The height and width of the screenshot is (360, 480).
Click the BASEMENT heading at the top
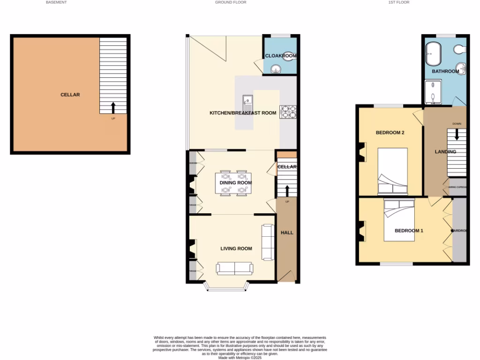click(x=56, y=2)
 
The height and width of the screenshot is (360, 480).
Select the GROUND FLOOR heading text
click(x=231, y=2)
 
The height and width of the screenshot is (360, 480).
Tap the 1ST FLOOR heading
click(x=399, y=2)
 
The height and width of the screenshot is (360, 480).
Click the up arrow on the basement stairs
click(x=113, y=107)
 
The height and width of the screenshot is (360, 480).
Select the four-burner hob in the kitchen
click(x=288, y=112)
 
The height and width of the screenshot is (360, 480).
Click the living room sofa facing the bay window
click(x=234, y=268)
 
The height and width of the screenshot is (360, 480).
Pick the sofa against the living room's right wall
click(x=268, y=242)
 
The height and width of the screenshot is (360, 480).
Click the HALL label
click(x=287, y=232)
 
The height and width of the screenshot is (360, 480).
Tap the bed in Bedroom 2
click(x=392, y=172)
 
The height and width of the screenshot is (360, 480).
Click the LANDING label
click(x=445, y=152)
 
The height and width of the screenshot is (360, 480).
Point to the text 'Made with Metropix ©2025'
click(x=240, y=358)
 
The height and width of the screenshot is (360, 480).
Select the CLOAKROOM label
click(x=281, y=56)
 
